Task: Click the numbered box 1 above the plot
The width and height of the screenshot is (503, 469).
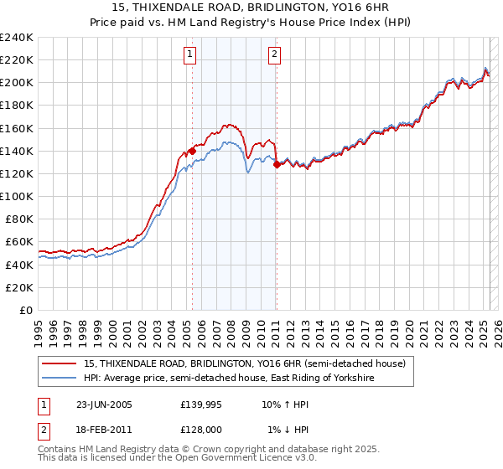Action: tap(190, 55)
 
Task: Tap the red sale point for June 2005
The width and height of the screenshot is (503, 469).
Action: tap(193, 151)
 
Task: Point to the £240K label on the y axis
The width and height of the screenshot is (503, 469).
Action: tap(17, 38)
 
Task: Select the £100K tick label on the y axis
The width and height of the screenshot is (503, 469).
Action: tap(17, 196)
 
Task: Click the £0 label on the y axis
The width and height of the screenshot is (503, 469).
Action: tap(25, 310)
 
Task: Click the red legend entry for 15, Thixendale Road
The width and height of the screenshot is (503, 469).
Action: tap(244, 363)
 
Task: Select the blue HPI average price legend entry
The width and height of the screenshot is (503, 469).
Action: tap(229, 379)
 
